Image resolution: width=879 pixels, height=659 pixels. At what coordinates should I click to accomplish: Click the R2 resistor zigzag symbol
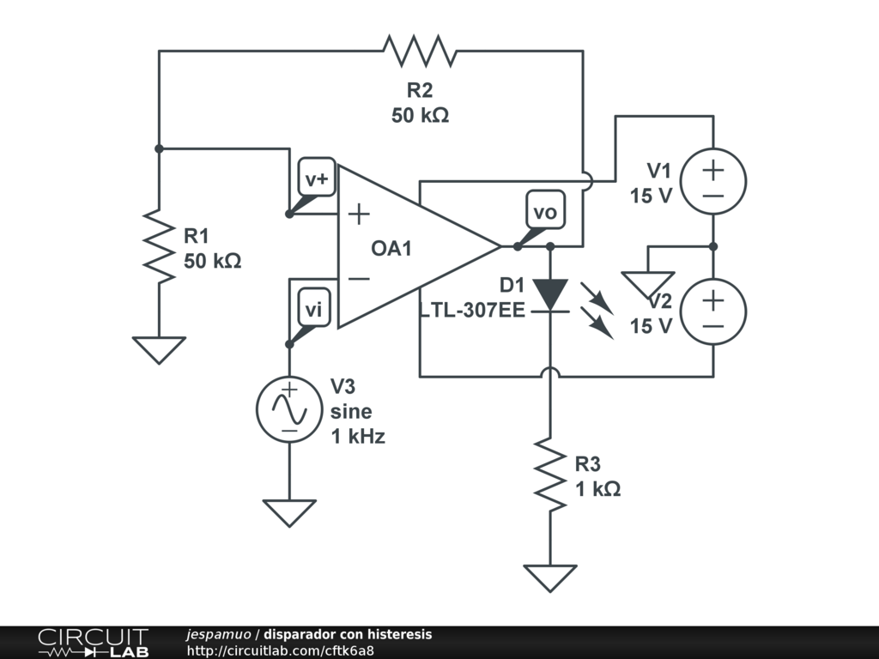(420, 51)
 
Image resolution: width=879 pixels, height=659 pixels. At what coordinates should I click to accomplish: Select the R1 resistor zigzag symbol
(159, 246)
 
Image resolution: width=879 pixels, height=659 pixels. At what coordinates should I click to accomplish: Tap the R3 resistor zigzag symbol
(550, 475)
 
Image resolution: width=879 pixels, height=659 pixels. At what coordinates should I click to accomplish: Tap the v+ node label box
(317, 178)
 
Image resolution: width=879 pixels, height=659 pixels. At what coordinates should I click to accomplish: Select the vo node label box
(545, 210)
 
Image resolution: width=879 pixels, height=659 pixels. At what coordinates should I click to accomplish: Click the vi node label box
(314, 308)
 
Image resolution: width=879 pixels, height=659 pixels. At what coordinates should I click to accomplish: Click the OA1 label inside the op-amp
(391, 248)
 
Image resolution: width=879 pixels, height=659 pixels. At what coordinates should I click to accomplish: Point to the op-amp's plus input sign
(359, 214)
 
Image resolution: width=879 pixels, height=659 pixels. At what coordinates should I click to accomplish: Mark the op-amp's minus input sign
(359, 279)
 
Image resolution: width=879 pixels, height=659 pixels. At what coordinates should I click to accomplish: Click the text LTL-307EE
(473, 310)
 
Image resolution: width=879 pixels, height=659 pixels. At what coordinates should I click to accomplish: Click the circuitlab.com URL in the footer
(281, 650)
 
